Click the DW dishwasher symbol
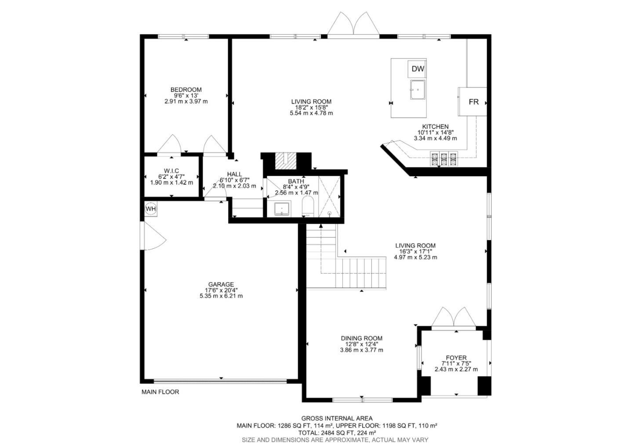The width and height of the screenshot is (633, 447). [x=418, y=69]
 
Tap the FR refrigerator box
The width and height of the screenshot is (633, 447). [x=473, y=102]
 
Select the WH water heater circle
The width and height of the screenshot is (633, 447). [x=151, y=209]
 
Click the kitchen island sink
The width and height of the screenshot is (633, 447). [x=418, y=90]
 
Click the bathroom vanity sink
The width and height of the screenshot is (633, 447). [x=281, y=209]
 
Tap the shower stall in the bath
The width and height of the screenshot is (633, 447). [x=329, y=197]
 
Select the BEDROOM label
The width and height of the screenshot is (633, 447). [x=186, y=90]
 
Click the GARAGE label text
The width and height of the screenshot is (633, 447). [x=221, y=284]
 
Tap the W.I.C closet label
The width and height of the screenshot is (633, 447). [x=171, y=171]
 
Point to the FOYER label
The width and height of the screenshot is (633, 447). [x=456, y=358]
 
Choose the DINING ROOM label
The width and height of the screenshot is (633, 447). [x=361, y=338]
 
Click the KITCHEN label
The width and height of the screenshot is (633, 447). [x=435, y=127]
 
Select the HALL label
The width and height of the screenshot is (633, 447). [x=234, y=174]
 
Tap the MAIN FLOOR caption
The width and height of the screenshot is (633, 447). [x=160, y=392]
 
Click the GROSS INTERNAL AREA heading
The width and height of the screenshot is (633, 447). [x=337, y=418]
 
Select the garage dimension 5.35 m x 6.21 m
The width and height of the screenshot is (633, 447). [x=221, y=296]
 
